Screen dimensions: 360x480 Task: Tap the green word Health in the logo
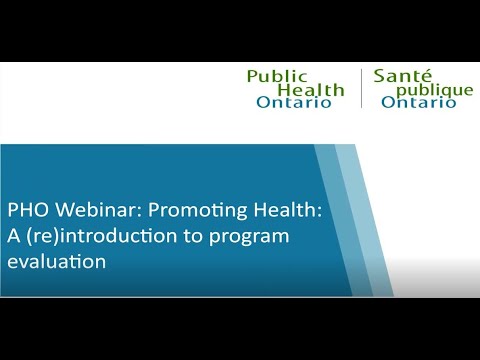pyautogui.click(x=310, y=90)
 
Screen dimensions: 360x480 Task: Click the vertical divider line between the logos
pyautogui.click(x=361, y=89)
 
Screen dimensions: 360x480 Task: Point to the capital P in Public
pyautogui.click(x=252, y=76)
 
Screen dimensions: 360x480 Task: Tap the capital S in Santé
pyautogui.click(x=379, y=76)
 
